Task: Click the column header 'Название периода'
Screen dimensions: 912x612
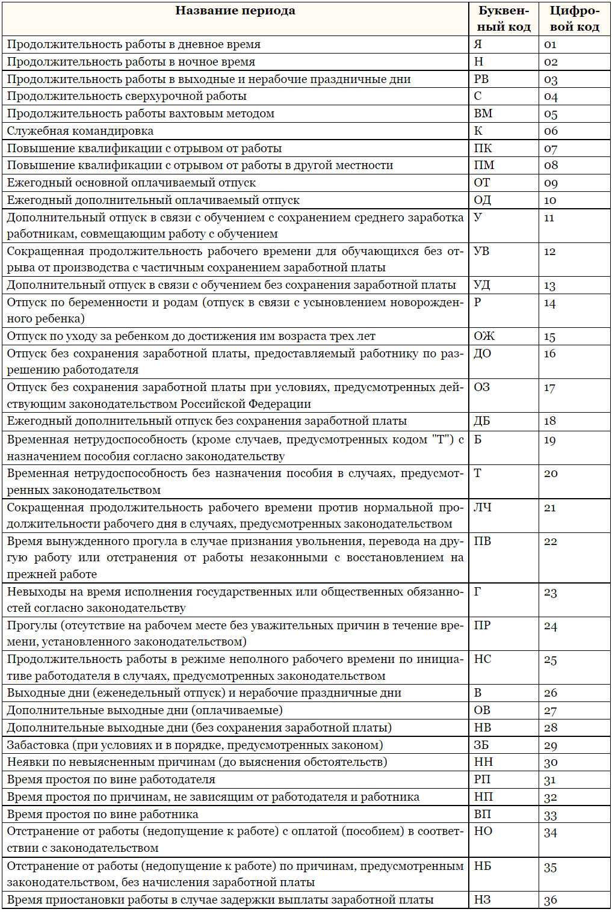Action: pos(235,11)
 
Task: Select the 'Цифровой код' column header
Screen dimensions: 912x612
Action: pos(574,19)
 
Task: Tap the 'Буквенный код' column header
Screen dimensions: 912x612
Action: pos(504,19)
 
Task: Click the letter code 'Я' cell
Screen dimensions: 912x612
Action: pos(478,45)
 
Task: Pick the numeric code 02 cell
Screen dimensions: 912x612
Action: pos(551,62)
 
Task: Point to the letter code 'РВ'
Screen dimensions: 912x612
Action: pos(481,79)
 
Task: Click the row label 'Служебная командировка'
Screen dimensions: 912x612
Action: pos(80,131)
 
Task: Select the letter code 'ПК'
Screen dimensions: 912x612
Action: pos(483,149)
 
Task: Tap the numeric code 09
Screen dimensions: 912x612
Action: pos(551,183)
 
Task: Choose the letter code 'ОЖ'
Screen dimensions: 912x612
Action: pos(484,336)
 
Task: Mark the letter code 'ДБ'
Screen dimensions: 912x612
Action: pos(483,421)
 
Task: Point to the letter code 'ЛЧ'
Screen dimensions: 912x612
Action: pos(483,508)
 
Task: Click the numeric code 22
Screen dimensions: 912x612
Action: pos(551,541)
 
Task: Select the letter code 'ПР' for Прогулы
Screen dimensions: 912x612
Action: pos(483,626)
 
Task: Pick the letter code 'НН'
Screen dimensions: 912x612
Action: pos(483,762)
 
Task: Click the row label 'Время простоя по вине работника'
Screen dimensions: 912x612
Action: pos(102,815)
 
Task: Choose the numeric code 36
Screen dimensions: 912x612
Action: pos(551,901)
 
